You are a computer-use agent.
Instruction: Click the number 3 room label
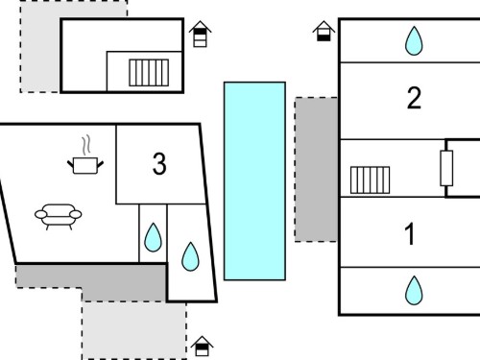click(x=159, y=164)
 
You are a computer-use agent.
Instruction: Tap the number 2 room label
click(x=414, y=98)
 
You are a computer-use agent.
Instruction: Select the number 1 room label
click(x=410, y=234)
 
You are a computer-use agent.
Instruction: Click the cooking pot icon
click(x=85, y=165)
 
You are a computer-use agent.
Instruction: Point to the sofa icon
click(x=59, y=217)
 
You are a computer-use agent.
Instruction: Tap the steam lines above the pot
click(x=85, y=145)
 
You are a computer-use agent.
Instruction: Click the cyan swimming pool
click(x=254, y=181)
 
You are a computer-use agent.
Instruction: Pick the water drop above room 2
click(x=414, y=41)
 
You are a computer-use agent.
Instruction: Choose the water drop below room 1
click(x=414, y=291)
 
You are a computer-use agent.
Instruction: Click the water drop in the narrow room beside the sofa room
click(x=153, y=237)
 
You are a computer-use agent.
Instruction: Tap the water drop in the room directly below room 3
click(x=190, y=256)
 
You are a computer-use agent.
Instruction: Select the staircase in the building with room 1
click(x=371, y=180)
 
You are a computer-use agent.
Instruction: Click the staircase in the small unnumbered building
click(x=149, y=73)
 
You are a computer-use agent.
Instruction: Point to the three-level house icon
click(x=200, y=35)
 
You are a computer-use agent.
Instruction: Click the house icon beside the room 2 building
click(x=324, y=31)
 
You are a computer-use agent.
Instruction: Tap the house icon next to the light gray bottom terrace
click(x=203, y=347)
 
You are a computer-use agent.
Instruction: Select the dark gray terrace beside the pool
click(x=316, y=170)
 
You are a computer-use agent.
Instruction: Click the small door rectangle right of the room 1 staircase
click(x=446, y=168)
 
